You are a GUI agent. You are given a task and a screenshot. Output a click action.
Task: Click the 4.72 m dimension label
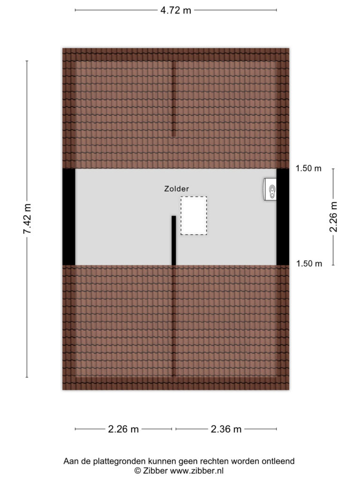[x=176, y=10]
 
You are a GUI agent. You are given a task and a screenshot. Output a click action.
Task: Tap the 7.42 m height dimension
[x=28, y=218]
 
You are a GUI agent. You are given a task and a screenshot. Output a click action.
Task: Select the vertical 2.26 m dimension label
[x=333, y=217]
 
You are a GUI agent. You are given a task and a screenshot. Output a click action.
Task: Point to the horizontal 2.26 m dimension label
[x=123, y=429]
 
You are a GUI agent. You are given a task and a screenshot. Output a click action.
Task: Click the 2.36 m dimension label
[x=226, y=429]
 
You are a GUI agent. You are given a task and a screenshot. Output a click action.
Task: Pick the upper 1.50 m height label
[x=308, y=168]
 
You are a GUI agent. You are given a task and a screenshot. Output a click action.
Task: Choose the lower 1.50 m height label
[x=309, y=263]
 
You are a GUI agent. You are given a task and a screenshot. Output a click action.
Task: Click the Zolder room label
[x=177, y=188]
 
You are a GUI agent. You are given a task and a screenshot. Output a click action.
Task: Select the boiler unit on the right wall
[x=270, y=189]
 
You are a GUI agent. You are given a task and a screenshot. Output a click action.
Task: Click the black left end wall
[x=69, y=217]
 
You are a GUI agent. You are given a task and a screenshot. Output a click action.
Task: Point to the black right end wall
[x=283, y=217]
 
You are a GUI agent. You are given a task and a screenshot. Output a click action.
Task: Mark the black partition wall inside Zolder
[x=173, y=240]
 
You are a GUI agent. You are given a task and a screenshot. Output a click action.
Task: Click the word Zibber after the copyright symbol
[x=155, y=471]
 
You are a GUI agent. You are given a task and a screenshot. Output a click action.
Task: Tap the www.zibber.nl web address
[x=196, y=471]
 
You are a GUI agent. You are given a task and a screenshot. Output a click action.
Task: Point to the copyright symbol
[x=138, y=471]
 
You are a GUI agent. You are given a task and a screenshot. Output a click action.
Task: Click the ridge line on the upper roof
[x=173, y=98]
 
